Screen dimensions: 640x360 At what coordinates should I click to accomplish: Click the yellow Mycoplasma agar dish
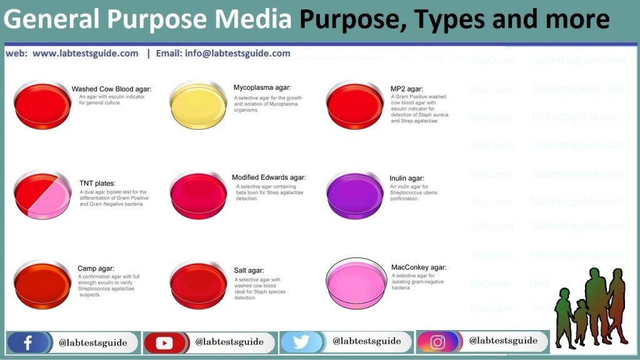coord(198,105)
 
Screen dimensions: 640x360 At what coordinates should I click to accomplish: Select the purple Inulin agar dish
coord(355,195)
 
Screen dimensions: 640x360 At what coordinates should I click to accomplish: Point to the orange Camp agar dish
coord(42,285)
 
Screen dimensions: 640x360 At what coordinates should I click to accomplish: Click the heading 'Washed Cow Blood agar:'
coord(111,89)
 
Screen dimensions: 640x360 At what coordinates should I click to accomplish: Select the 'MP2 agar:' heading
coord(406,89)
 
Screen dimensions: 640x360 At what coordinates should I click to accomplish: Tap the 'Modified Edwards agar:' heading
coord(269,177)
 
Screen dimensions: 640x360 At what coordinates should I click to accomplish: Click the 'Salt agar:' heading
coord(249,270)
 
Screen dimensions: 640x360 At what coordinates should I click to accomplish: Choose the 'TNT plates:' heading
coord(97,183)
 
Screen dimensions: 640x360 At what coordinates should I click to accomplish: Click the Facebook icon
coord(27,342)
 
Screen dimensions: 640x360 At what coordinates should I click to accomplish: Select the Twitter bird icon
coord(301,342)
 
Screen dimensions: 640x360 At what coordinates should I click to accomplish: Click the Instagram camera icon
coord(437,342)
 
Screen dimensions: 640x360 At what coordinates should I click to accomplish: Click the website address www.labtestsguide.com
coord(85,54)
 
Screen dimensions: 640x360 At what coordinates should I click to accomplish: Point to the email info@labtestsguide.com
coord(237,54)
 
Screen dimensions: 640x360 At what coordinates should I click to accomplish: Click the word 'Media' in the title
coord(253,19)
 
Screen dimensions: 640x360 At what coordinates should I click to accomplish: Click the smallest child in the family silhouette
coord(581,321)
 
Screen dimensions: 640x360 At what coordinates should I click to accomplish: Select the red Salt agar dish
coord(198,285)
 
